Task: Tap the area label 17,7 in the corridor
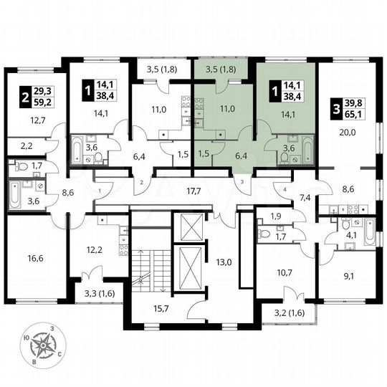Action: tap(192, 191)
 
